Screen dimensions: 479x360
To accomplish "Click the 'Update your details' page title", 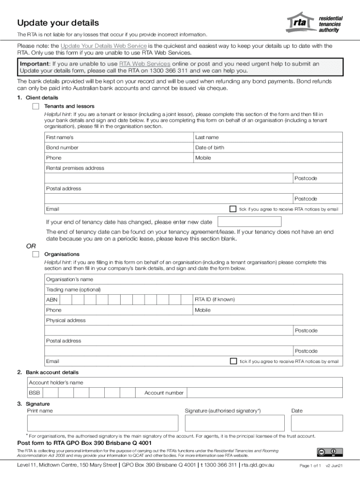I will [x=58, y=23].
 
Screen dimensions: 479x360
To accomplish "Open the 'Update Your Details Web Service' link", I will [x=104, y=46].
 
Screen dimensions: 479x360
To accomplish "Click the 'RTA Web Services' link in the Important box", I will [x=144, y=64].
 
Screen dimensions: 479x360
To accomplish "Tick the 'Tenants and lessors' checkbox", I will [x=36, y=106].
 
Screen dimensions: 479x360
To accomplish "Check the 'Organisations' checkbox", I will [x=36, y=254].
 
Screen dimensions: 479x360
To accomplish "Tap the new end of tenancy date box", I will [x=250, y=222].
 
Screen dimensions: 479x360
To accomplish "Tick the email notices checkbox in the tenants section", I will [x=233, y=209].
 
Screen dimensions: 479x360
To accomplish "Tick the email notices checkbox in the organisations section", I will [x=233, y=361].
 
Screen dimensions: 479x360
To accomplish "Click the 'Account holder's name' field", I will [x=186, y=383].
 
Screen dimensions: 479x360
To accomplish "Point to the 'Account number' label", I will [x=164, y=393].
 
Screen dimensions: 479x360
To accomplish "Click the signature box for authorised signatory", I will [x=235, y=423].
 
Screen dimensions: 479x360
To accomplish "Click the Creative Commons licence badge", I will [x=330, y=452].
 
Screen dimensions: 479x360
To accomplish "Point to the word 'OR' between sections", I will [x=30, y=246].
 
